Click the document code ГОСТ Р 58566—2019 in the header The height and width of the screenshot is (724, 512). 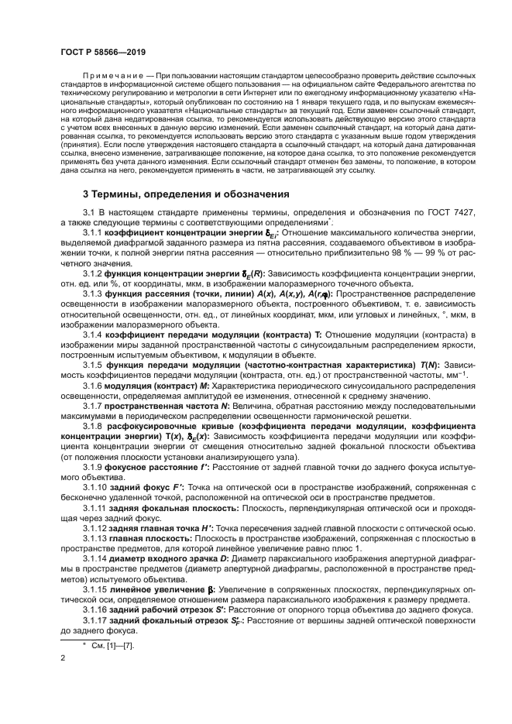tap(103, 52)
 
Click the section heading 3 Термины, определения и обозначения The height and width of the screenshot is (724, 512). tap(186, 193)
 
